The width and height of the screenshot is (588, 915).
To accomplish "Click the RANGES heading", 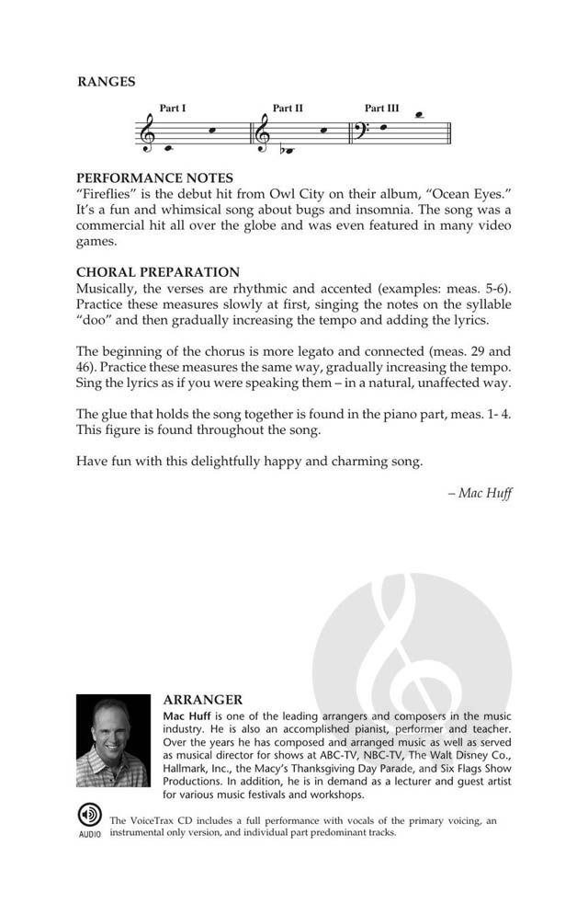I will click(x=106, y=82).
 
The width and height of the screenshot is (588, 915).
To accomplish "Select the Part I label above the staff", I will click(x=173, y=109).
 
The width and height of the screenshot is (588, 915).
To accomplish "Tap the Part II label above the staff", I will click(x=288, y=109).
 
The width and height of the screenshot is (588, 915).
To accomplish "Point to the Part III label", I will click(x=382, y=109).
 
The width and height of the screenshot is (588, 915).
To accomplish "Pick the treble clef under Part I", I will click(x=148, y=133).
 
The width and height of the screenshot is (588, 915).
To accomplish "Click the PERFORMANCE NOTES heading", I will click(x=154, y=177).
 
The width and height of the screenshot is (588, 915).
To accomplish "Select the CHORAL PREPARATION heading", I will click(x=158, y=272).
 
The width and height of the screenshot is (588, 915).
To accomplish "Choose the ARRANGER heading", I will click(x=202, y=700).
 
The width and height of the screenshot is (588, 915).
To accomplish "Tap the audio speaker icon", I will click(x=89, y=816).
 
